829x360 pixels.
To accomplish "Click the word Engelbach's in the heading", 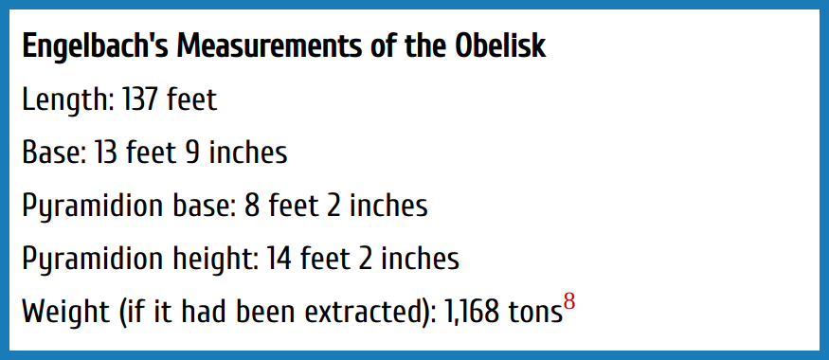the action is coord(95,47).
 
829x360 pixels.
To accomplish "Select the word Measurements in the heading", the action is coord(266,46).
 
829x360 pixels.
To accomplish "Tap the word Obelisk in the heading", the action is coord(500,46).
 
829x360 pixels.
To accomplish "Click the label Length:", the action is coord(68,100).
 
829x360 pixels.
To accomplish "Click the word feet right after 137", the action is coord(191,99).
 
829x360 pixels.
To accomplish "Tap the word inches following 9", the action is coord(247,153).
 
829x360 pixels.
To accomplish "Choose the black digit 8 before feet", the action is coord(252,206).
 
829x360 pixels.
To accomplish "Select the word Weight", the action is coord(65,313).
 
